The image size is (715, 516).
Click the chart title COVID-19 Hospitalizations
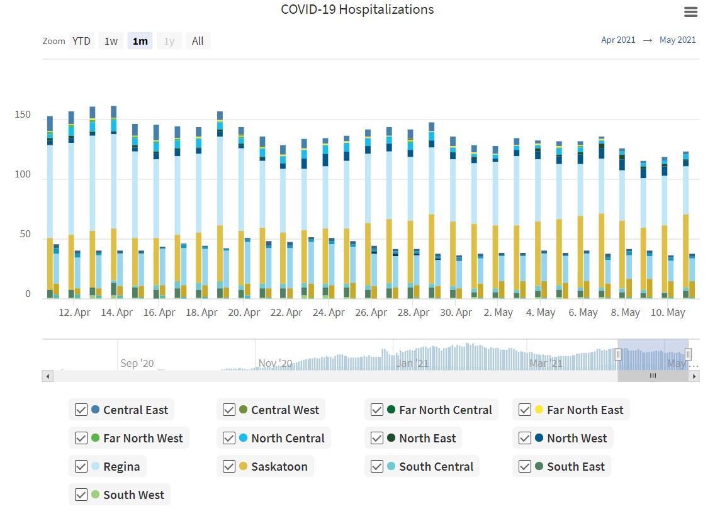[x=357, y=9]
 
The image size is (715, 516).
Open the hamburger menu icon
[x=690, y=12]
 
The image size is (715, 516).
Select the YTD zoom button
[x=81, y=41]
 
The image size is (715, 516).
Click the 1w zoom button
[x=111, y=41]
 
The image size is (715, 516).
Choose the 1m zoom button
[x=140, y=41]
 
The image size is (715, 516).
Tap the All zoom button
[x=198, y=41]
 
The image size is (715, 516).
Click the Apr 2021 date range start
[x=618, y=40]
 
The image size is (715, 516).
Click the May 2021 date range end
[x=677, y=40]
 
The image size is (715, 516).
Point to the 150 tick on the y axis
[x=23, y=115]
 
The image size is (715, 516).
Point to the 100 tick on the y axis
[x=23, y=174]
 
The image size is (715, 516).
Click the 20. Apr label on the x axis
[x=244, y=312]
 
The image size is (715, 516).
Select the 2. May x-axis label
[x=498, y=312]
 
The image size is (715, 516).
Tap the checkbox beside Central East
[x=81, y=410]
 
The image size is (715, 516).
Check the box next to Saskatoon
[x=229, y=466]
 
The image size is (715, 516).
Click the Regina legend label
[x=121, y=466]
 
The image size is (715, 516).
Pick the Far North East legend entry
[x=585, y=410]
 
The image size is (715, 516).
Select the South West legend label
[x=134, y=495]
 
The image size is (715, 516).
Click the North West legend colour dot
[x=539, y=438]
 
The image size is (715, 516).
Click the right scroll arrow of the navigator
[x=694, y=376]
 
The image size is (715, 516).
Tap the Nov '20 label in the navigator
[x=275, y=363]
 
